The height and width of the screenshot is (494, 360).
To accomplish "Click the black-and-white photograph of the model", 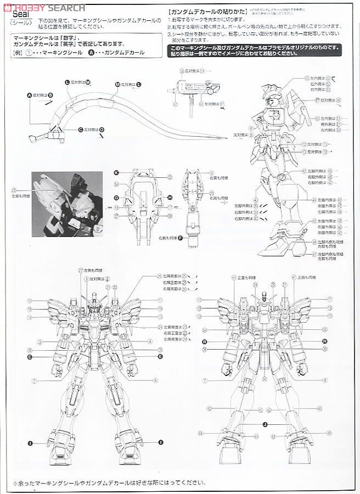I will pyautogui.click(x=67, y=204).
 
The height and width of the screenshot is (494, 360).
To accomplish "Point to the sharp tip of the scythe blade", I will pyautogui.click(x=226, y=137).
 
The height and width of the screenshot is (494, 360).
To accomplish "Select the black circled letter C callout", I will pyautogui.click(x=80, y=130).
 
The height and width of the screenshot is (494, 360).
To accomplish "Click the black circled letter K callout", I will pyautogui.click(x=116, y=172).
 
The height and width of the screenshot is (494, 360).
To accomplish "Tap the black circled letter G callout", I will pyautogui.click(x=116, y=197).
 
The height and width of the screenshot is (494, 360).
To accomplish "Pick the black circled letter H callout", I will pyautogui.click(x=170, y=197).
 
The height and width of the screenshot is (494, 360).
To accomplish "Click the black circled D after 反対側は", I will pyautogui.click(x=102, y=130).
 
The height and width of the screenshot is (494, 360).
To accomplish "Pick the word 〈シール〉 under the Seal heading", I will pyautogui.click(x=20, y=26).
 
